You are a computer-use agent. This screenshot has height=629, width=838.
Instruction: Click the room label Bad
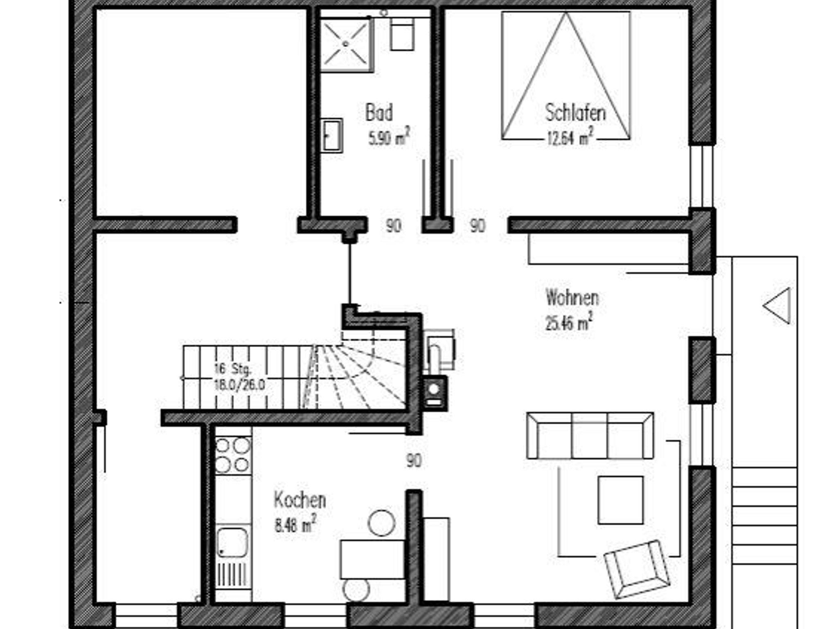coord(379,112)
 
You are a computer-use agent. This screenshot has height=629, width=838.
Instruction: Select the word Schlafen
coord(575,112)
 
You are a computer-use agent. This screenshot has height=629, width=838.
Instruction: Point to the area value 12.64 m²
coord(570,137)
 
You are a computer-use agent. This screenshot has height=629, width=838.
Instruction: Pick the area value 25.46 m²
coord(569,321)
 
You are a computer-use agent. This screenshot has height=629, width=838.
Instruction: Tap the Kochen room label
coord(300,500)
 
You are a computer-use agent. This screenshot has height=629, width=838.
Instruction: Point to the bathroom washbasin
coord(331,136)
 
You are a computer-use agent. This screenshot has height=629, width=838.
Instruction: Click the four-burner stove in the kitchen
coord(233,456)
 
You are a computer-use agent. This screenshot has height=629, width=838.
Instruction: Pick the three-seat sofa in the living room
coord(590,436)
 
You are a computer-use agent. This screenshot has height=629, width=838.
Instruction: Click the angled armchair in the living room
coord(637,569)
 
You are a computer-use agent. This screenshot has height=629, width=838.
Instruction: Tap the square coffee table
coord(620,500)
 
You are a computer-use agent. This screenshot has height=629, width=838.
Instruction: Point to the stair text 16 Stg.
coord(232,369)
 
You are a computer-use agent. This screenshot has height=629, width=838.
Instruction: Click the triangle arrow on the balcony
coord(777,306)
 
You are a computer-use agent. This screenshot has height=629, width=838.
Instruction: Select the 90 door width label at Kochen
coord(414,461)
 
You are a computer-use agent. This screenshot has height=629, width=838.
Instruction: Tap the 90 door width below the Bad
coord(394,226)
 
